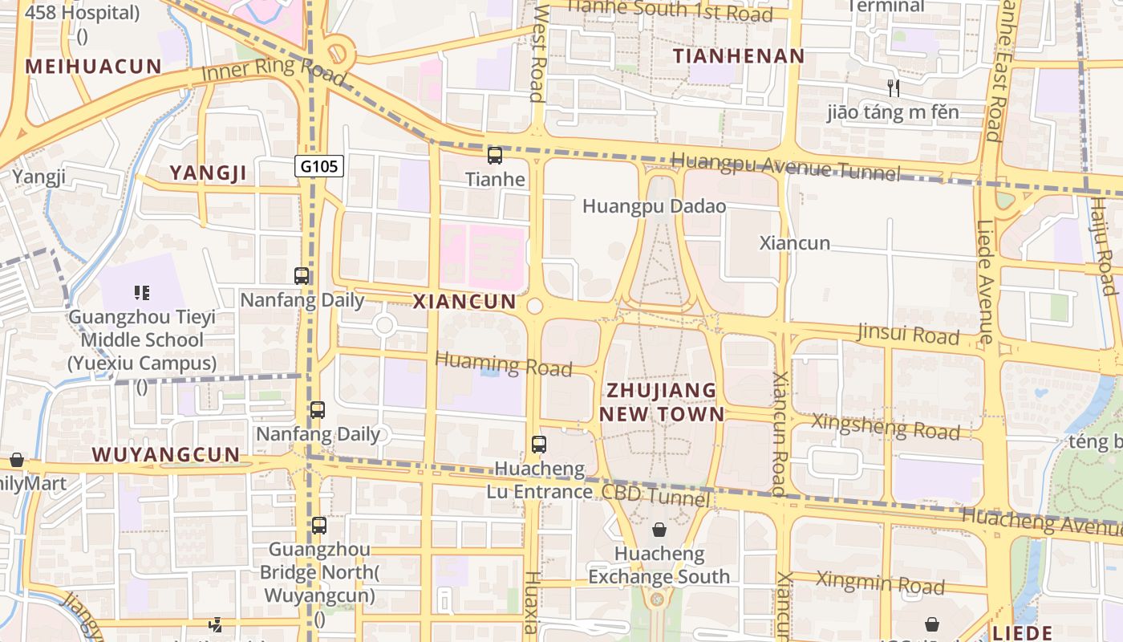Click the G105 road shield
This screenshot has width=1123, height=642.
319,166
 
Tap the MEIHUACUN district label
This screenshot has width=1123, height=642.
94,67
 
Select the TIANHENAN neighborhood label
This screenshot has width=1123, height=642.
738,56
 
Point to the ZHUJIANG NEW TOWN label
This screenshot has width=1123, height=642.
662,402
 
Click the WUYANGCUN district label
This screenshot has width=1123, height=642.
166,454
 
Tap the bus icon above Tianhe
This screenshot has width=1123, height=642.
495,156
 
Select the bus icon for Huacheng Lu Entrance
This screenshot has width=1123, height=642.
539,444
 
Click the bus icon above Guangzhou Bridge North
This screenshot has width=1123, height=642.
319,526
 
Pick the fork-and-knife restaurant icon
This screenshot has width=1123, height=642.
892,87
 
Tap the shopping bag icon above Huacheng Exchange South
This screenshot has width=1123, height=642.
659,530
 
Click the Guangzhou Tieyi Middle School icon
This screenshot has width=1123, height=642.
142,293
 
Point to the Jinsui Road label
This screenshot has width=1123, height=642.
908,333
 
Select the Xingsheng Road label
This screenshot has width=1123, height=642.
886,426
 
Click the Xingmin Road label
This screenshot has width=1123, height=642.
881,583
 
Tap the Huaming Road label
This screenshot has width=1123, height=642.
503,364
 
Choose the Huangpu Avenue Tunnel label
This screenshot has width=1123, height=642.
785,166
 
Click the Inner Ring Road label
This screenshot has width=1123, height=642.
274,70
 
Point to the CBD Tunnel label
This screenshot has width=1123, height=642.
655,496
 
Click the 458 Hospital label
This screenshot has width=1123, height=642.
83,13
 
